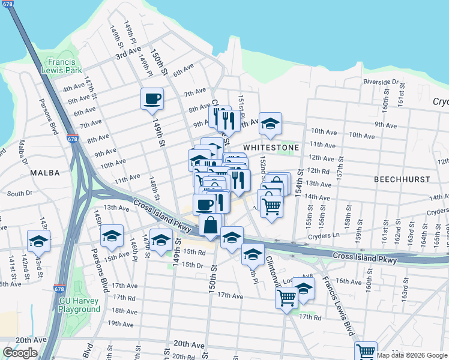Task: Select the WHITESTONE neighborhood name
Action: pos(271,147)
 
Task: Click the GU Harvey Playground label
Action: pos(79,305)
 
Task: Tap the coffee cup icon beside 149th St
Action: pos(152,98)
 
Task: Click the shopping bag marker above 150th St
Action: pos(210,226)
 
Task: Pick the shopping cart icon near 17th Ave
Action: pos(286,297)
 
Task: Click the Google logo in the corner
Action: pos(20,353)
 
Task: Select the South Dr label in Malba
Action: pos(20,194)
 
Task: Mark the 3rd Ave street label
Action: pos(128,53)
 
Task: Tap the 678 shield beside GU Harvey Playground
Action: pos(59,289)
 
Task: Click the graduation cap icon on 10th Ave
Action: pos(270,123)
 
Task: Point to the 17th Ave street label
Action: pos(230,296)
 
